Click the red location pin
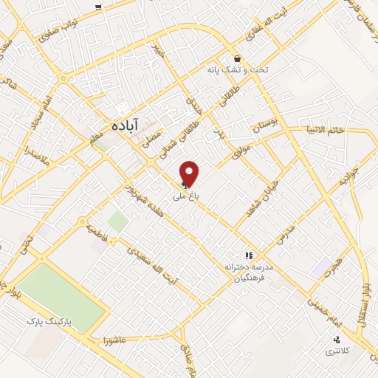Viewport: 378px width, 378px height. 190,173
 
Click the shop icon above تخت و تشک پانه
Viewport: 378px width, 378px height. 237,59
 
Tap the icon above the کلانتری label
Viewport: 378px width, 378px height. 337,340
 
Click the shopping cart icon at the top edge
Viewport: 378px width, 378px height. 99,7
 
